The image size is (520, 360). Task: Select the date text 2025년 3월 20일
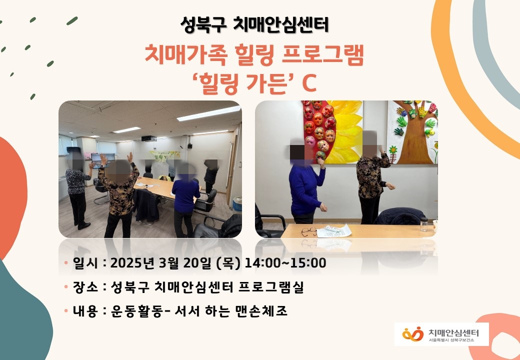[161, 263]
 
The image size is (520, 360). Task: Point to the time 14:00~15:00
[285, 263]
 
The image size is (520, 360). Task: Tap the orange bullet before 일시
[66, 263]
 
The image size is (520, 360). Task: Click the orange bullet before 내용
[66, 311]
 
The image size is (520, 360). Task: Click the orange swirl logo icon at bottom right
[413, 334]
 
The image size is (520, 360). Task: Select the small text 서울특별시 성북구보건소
[451, 340]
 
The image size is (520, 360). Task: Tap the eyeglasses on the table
[309, 231]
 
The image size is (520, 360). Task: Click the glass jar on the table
[424, 224]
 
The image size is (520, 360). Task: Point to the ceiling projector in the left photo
[149, 138]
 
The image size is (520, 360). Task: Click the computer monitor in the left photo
[103, 158]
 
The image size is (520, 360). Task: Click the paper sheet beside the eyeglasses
[333, 230]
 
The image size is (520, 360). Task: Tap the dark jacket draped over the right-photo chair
[399, 216]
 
